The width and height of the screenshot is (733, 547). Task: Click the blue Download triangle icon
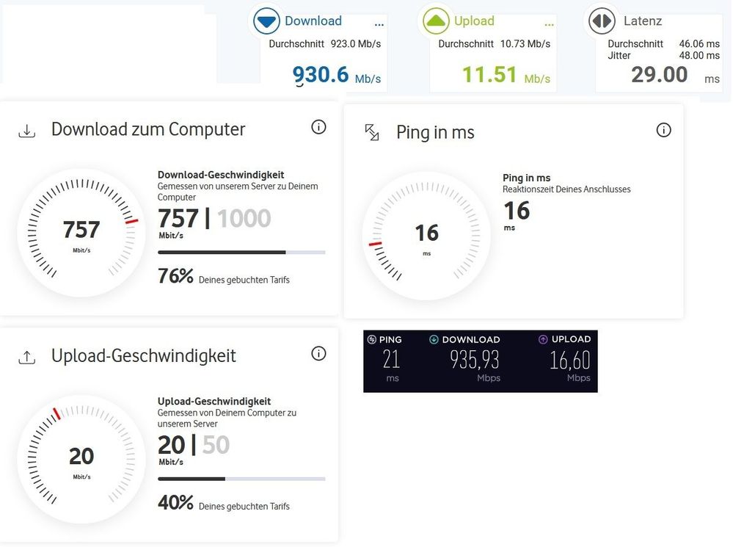coord(266,21)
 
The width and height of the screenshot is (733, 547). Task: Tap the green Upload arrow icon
coord(436,21)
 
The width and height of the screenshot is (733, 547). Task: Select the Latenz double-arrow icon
coord(602,21)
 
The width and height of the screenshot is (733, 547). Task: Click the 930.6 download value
coord(321,74)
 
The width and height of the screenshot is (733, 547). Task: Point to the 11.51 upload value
coord(489,74)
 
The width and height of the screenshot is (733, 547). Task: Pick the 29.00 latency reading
coord(659,74)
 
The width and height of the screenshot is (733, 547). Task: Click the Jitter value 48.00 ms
coord(699,55)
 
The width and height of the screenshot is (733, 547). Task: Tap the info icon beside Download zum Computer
coord(318,127)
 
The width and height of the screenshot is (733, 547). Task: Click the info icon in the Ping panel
coord(663,130)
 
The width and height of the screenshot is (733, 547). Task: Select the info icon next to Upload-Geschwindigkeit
coord(318,353)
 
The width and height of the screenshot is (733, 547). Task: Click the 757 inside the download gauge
coord(81,229)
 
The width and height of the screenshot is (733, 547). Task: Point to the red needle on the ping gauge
coord(375,244)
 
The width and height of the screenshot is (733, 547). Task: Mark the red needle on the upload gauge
coord(56,413)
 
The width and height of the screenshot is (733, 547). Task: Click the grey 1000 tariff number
coord(244,218)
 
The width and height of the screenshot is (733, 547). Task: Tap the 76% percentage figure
coord(175,276)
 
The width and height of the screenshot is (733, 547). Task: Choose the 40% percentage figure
coord(175,502)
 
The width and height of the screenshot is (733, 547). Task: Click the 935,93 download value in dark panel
coord(475,360)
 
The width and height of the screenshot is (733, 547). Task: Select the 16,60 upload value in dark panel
coord(570,360)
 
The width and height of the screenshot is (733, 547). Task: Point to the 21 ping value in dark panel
coord(391,359)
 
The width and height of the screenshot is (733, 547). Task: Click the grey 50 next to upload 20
coord(216,444)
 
